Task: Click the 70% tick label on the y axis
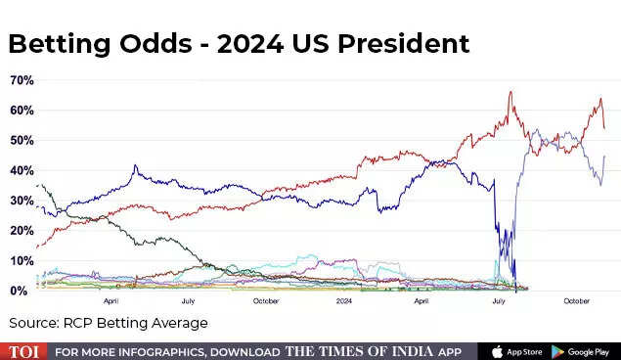22,79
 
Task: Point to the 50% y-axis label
22,140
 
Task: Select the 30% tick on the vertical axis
22,201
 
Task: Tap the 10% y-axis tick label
22,261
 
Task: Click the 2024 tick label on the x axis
344,302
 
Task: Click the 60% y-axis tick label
22,110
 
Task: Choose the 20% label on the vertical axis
22,231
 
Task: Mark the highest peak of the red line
510,92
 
